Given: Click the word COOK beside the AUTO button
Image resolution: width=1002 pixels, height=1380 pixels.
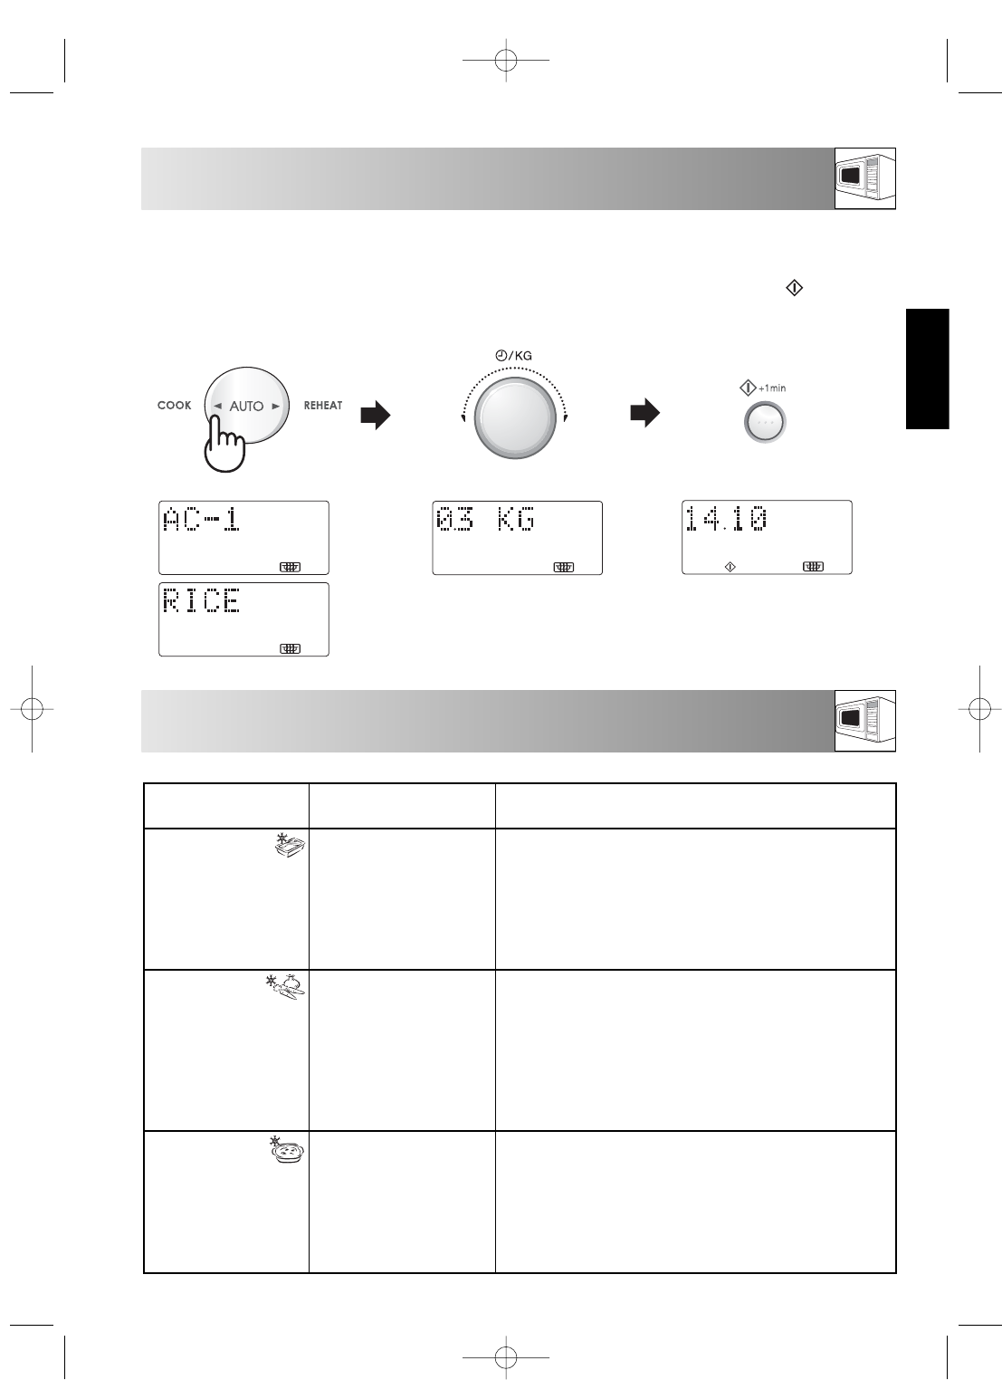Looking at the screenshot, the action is coord(175,406).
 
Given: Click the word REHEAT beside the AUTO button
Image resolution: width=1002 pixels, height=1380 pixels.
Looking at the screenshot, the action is coord(323,406).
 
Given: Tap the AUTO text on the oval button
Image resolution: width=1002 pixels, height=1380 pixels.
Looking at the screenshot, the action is coord(246,406).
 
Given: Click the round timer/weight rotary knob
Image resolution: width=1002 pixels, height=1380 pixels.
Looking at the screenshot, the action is coord(515,418).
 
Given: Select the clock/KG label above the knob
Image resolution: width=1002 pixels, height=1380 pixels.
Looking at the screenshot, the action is coord(513,356).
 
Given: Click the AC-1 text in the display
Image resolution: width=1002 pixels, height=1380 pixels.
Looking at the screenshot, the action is coord(201,519).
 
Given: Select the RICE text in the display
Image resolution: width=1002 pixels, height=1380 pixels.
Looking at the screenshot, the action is coord(201,600).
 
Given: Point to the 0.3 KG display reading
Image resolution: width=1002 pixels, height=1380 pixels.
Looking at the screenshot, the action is coord(485,519).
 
